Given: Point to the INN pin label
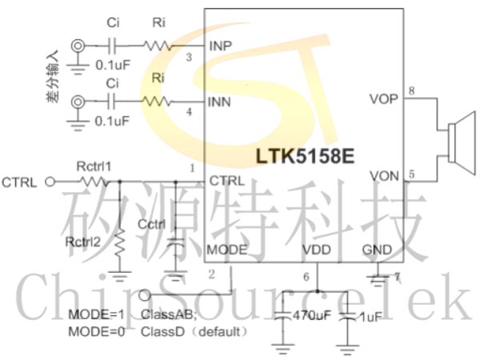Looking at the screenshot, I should click(220, 102).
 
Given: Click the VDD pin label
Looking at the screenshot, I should click(316, 250).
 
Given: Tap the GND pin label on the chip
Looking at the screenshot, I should click(377, 250).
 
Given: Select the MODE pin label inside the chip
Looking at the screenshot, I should click(226, 250).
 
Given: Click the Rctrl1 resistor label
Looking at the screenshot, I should click(94, 166).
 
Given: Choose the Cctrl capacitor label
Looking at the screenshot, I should click(152, 225).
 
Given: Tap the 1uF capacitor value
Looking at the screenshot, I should click(370, 317).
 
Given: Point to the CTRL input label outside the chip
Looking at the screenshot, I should click(19, 182).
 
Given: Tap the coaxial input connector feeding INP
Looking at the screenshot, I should click(78, 46).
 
